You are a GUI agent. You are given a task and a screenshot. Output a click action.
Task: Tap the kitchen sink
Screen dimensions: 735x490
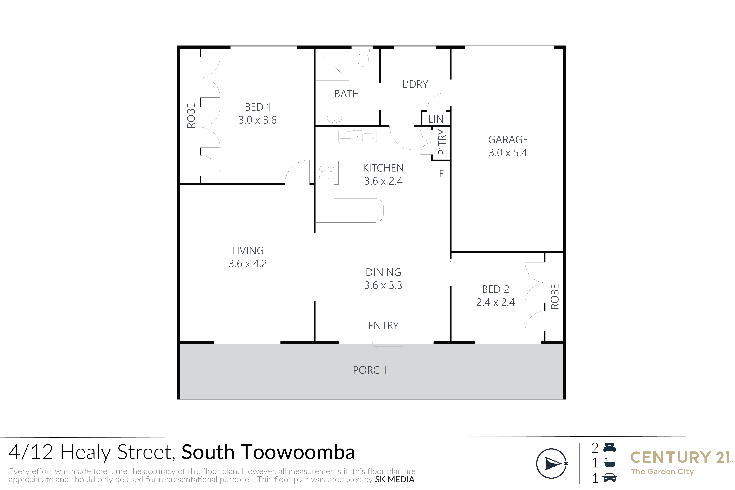pos(357,136)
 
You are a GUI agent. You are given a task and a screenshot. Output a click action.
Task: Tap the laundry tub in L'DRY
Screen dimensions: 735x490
pos(391,54)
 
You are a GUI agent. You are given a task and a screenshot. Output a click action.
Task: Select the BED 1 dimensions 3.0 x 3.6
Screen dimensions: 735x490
pos(258,120)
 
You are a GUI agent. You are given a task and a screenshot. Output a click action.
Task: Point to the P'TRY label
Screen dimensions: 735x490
pos(442,142)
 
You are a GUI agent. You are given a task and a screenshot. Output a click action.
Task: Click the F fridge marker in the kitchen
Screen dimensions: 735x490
pos(441,174)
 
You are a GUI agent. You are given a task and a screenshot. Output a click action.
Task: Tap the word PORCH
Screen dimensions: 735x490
pos(370,370)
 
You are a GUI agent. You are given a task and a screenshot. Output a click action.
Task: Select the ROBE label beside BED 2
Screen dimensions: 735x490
pos(554,297)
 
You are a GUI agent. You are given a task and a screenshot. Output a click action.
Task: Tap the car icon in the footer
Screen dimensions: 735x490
pos(609,478)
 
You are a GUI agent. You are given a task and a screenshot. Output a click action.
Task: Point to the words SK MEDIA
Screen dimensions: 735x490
pos(395,479)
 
